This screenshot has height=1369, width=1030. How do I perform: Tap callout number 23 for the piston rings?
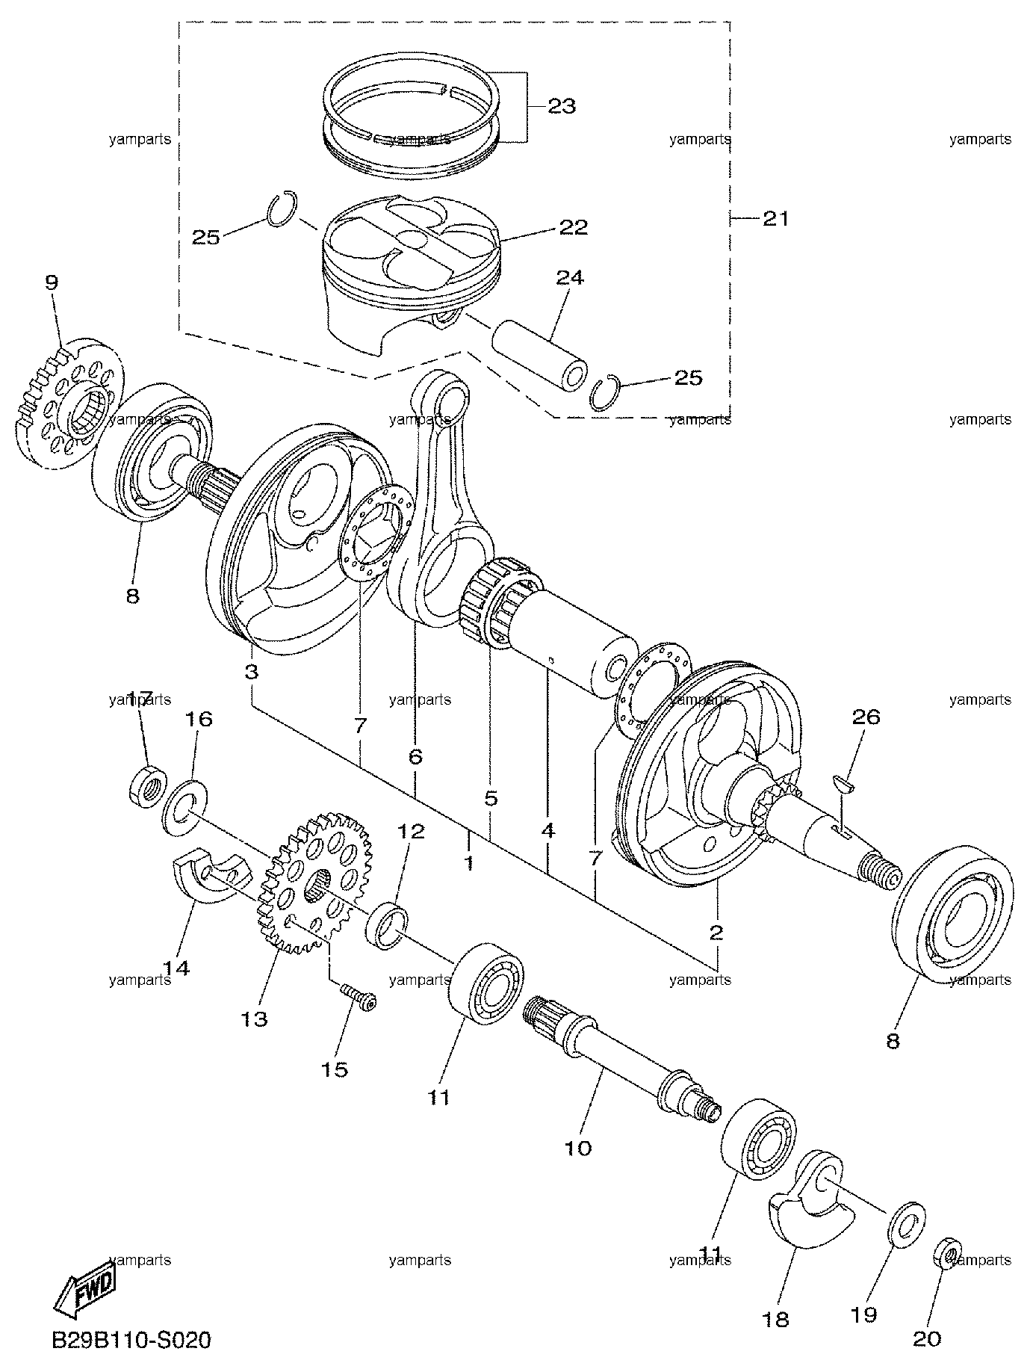(562, 107)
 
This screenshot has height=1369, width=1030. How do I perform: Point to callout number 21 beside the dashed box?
(776, 219)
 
